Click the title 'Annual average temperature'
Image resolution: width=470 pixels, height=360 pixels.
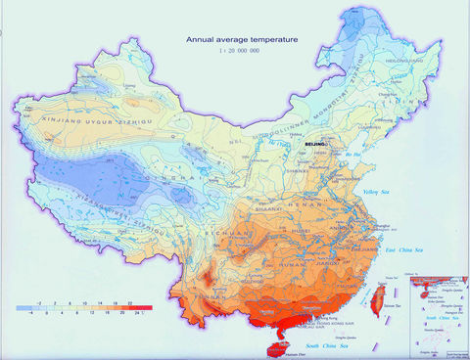coord(244,40)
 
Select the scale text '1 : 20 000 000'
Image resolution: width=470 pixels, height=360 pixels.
coord(242,51)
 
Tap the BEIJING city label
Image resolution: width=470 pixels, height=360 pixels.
coord(314,145)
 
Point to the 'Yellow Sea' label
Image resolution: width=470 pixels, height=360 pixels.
coord(378,192)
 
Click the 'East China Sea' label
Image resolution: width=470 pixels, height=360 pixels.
coord(403,253)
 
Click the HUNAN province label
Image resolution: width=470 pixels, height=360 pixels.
coord(290,261)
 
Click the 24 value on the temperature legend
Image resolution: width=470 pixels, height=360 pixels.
coord(144,313)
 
